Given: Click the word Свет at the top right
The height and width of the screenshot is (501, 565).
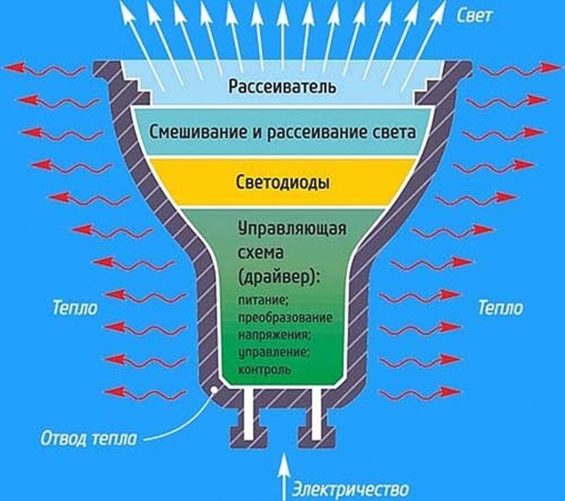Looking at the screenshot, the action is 474,16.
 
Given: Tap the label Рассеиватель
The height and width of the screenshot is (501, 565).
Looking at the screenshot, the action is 282,87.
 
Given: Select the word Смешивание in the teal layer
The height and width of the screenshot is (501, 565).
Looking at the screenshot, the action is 197,132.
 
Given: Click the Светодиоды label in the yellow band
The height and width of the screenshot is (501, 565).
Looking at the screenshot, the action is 282,182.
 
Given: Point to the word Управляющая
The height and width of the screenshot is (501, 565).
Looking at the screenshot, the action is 292,229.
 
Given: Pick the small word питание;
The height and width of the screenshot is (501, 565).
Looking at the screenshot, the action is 263,301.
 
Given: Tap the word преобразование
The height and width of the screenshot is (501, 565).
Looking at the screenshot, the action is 285,318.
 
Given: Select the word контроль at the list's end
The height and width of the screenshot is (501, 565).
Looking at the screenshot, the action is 264,369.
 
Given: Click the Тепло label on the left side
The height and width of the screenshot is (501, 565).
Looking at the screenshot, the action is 75,309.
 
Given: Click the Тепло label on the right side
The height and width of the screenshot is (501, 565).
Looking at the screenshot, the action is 501,309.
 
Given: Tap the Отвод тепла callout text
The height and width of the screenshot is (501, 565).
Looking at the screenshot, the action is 89,439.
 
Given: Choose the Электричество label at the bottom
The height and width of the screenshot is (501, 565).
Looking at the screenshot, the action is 351,489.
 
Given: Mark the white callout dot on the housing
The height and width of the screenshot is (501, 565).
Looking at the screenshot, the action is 215,390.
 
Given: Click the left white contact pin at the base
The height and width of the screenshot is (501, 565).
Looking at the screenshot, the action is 248,414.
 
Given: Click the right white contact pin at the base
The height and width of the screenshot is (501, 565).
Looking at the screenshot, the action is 316,414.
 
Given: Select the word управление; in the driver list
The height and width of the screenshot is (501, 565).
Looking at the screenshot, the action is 274,352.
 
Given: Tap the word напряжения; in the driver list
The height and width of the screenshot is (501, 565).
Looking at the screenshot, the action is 274,335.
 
